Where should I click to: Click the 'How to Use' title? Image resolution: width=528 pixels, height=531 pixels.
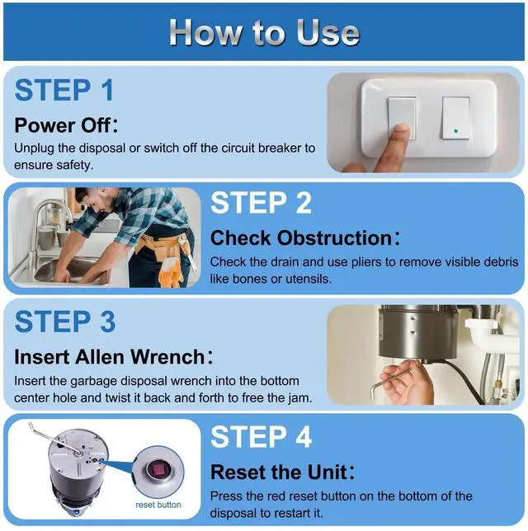pyautogui.click(x=264, y=32)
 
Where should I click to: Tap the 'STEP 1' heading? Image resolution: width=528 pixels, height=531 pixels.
pyautogui.click(x=64, y=90)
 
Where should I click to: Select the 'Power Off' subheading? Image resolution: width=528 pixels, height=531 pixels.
pyautogui.click(x=66, y=125)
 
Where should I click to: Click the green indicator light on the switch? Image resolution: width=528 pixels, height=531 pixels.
pyautogui.click(x=456, y=131)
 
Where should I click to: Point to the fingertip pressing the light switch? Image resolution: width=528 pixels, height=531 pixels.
pyautogui.click(x=402, y=130)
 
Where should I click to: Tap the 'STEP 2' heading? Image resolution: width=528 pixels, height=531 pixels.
pyautogui.click(x=261, y=203)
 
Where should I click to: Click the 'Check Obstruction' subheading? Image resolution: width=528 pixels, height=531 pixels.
pyautogui.click(x=305, y=237)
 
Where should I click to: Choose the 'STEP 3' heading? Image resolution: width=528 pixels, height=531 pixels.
pyautogui.click(x=65, y=322)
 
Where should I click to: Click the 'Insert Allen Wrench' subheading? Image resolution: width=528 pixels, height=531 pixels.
pyautogui.click(x=114, y=357)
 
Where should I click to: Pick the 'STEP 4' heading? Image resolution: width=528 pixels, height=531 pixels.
pyautogui.click(x=261, y=436)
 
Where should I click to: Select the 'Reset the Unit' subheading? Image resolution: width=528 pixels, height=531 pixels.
pyautogui.click(x=282, y=472)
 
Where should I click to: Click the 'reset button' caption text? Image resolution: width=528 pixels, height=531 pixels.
pyautogui.click(x=158, y=505)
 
